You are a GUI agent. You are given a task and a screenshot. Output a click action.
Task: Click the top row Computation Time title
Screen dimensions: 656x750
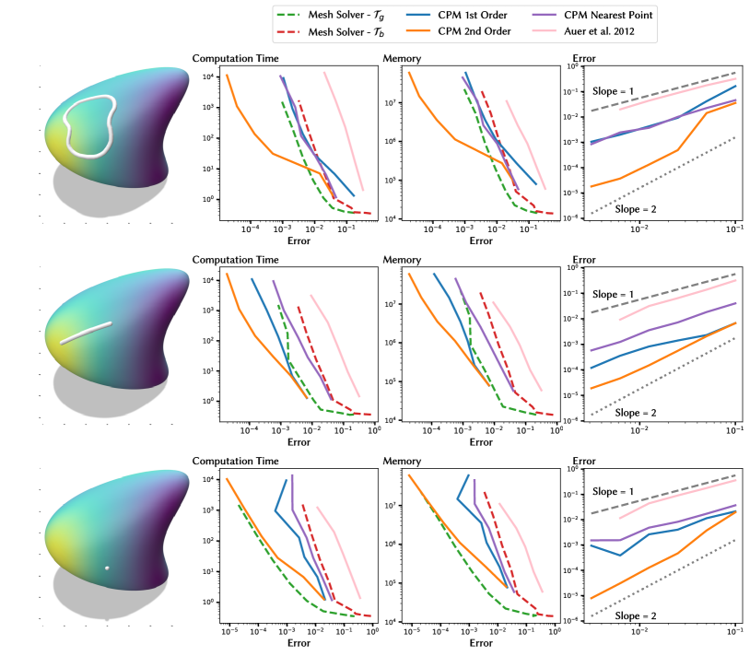coord(234,59)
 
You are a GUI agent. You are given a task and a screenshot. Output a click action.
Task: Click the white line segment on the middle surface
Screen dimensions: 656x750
coord(87,333)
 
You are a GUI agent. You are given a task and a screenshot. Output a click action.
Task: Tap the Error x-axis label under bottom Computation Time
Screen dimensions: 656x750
coord(299,641)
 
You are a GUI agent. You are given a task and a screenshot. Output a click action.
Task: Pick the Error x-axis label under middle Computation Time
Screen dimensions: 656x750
coord(299,441)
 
